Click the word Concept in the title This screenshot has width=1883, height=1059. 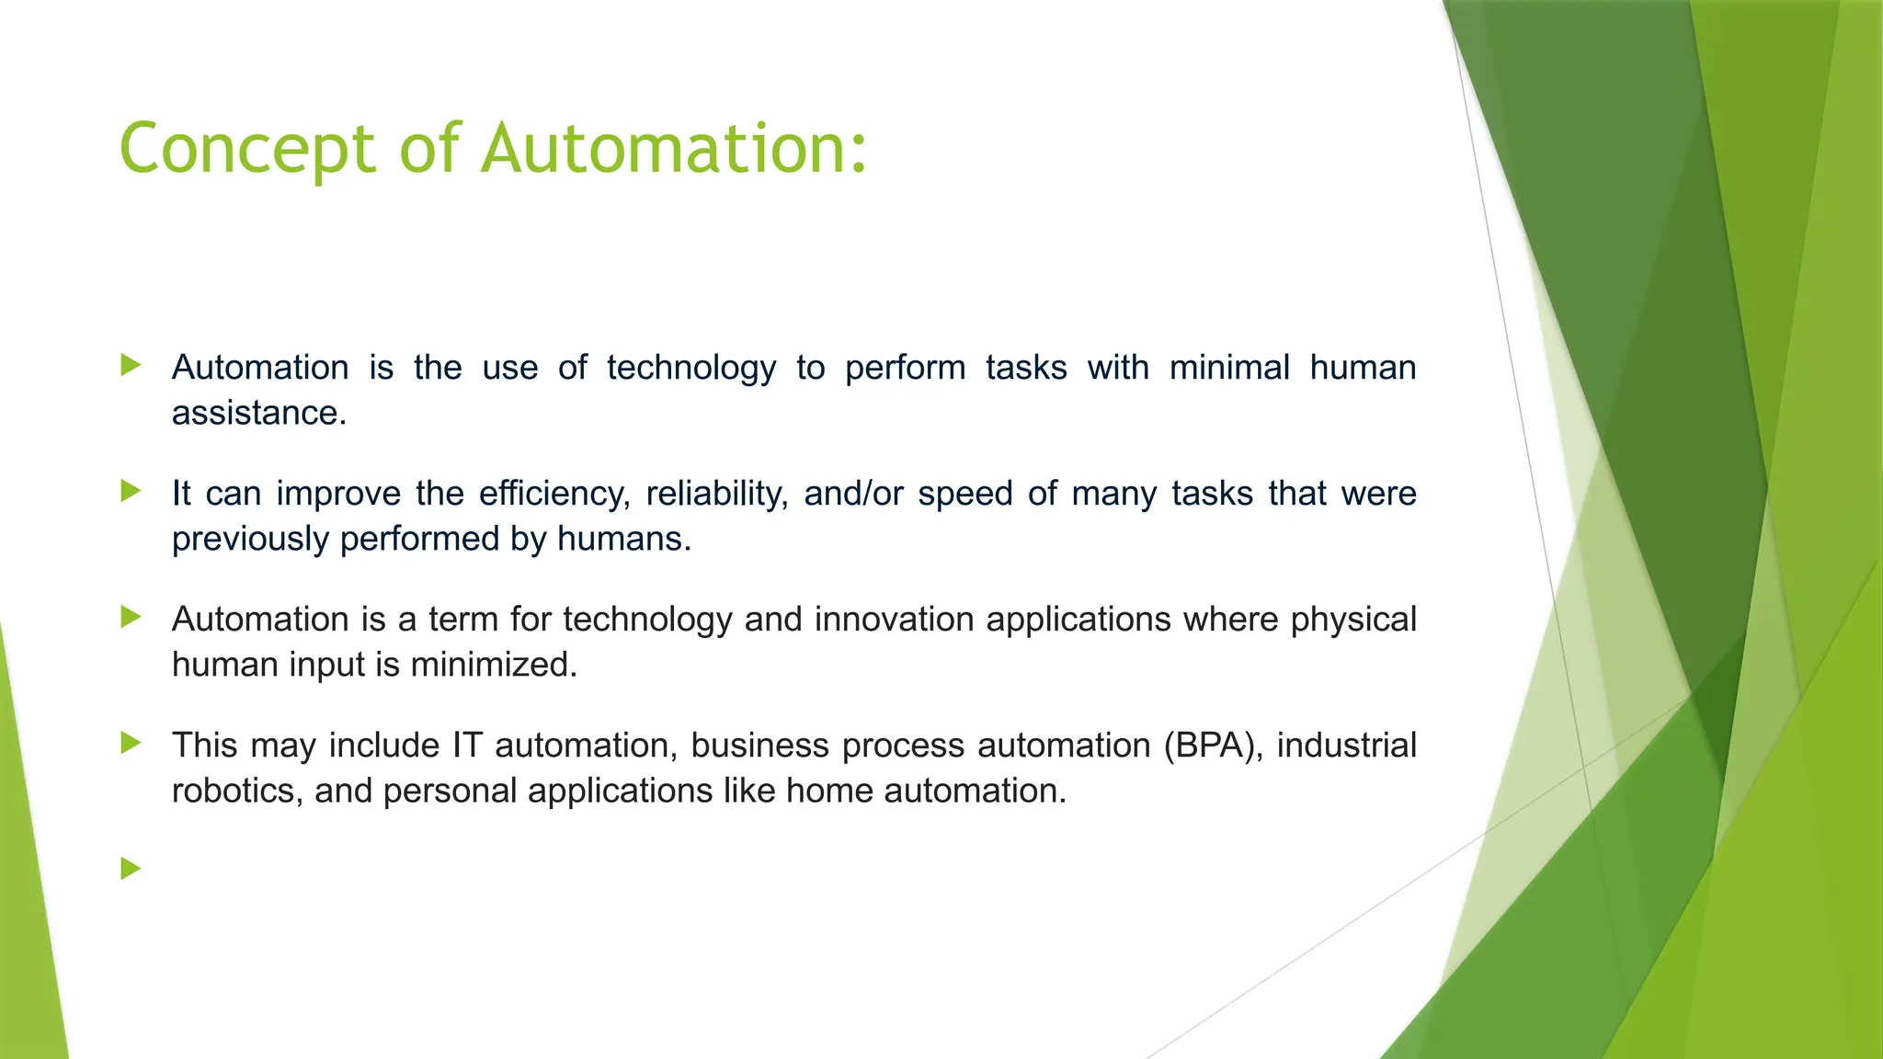pos(247,149)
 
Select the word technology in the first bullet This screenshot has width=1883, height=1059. pos(691,369)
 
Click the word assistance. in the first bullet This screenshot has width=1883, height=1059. pos(259,414)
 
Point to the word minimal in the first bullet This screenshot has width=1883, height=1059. pos(1229,368)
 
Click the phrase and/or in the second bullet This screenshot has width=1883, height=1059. pos(853,495)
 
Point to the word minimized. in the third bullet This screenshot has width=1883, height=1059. pos(494,665)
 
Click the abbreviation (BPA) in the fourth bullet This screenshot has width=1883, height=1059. pos(1212,746)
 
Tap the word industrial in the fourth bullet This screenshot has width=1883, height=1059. pos(1346,746)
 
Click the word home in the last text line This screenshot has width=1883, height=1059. pos(829,791)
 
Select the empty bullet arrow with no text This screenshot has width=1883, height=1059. pos(131,868)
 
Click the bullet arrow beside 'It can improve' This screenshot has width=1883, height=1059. pos(131,491)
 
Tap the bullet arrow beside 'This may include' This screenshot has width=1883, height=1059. pos(131,743)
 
